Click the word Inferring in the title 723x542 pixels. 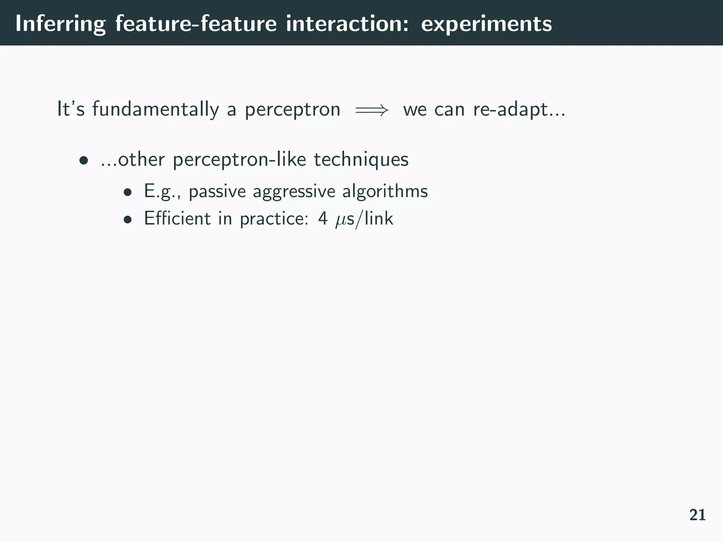60,24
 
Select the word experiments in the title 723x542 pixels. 486,24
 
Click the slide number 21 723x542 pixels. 697,515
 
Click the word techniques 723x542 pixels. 361,160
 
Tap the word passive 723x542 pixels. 217,192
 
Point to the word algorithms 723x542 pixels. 385,192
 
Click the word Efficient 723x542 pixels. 177,218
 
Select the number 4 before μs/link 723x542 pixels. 323,218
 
